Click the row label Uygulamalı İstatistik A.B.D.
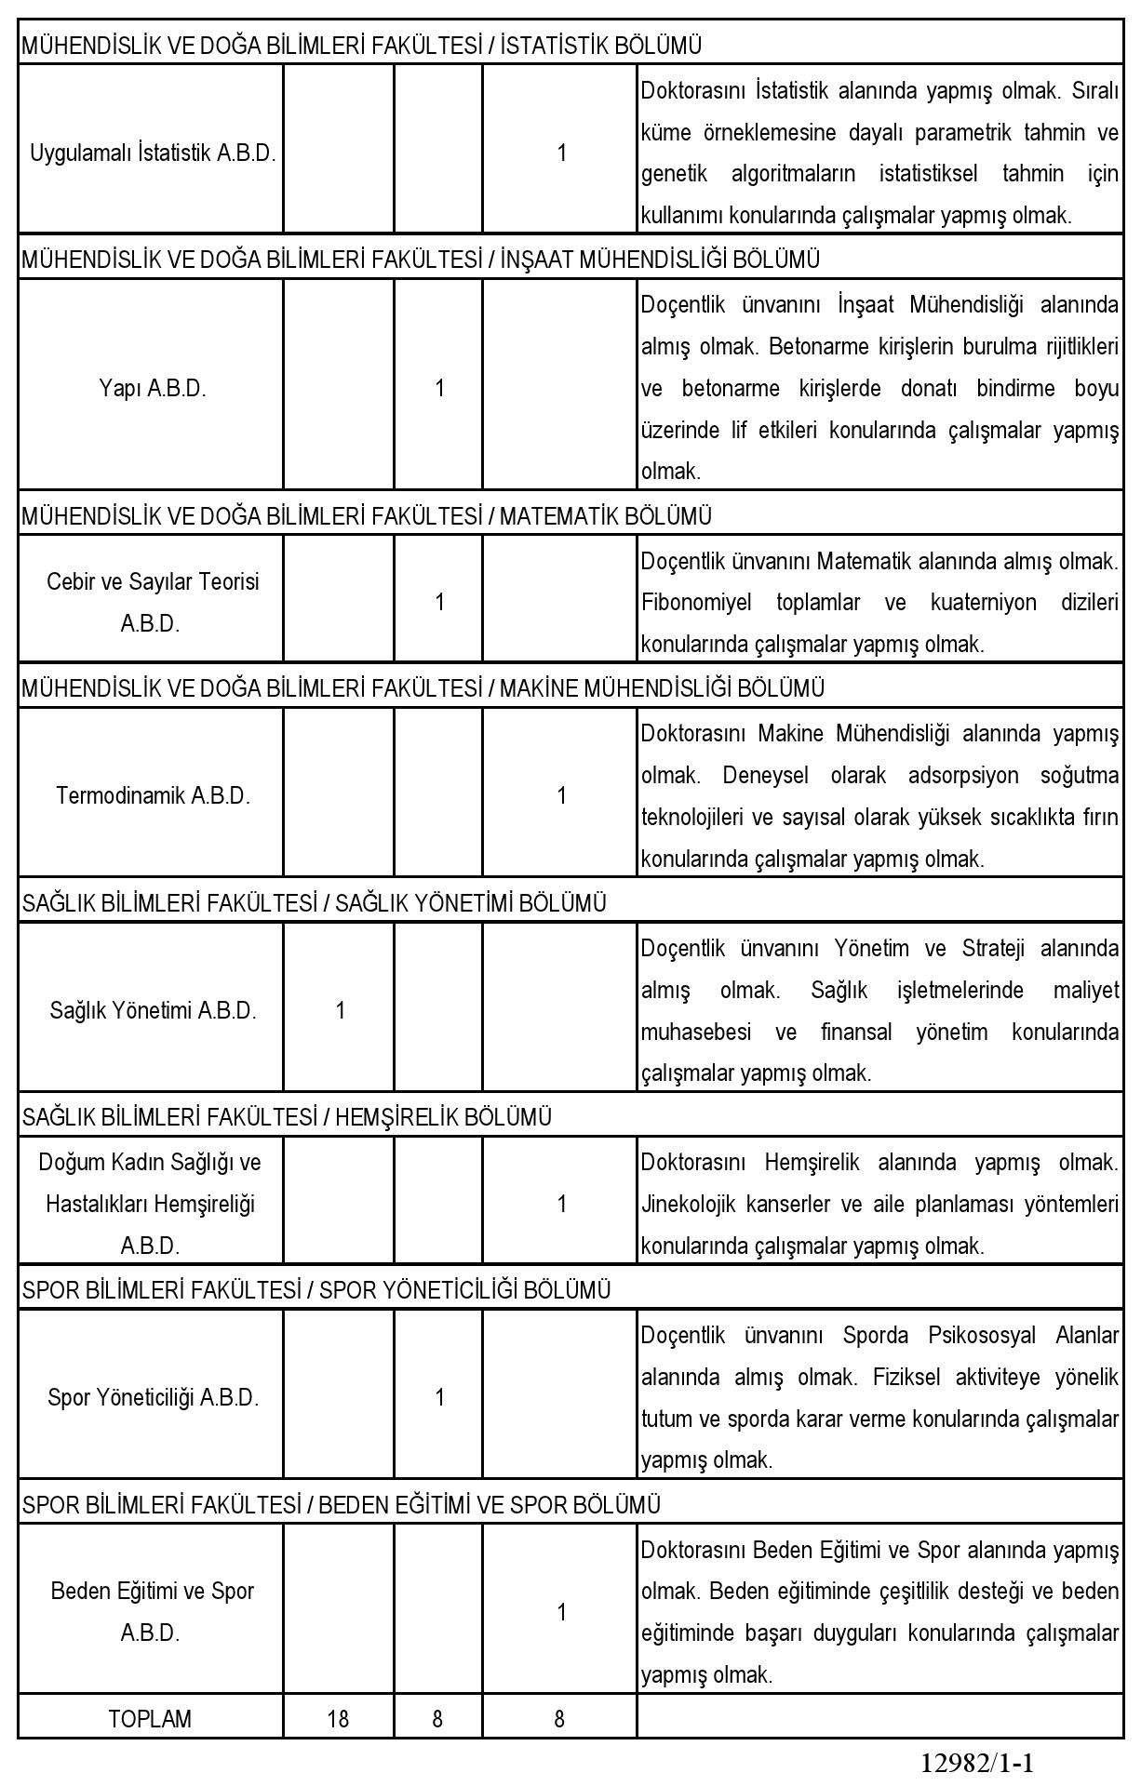coord(153,153)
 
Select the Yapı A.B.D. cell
coord(153,389)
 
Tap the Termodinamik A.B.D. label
coord(153,796)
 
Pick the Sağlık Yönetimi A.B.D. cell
coord(153,1011)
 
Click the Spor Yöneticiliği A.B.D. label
coord(153,1398)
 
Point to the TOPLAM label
coord(150,1719)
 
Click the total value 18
coord(338,1719)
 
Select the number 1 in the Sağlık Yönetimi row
coord(341,1011)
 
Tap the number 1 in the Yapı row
coord(439,389)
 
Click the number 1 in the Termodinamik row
coord(561,796)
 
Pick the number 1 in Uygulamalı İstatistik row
coord(561,153)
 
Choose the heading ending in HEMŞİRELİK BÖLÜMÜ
coord(287,1117)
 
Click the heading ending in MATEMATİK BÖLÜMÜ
coord(366,515)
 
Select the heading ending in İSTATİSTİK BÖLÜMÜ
coord(361,46)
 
